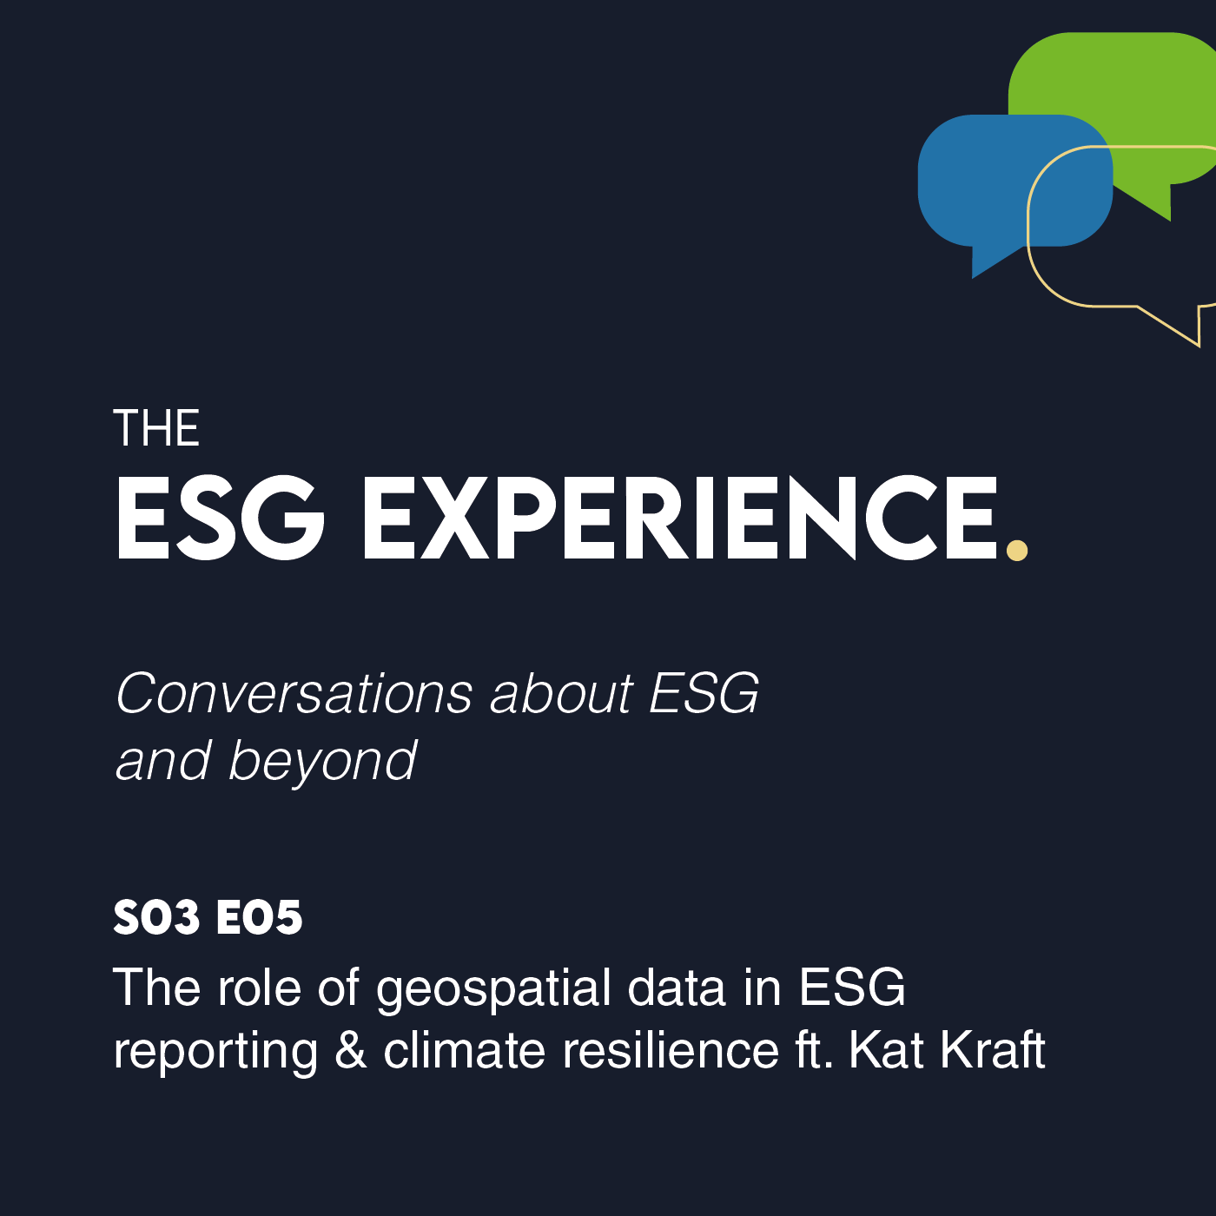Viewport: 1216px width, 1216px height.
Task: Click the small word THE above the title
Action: click(x=156, y=428)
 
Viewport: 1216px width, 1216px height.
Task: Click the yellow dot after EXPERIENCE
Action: click(x=1016, y=550)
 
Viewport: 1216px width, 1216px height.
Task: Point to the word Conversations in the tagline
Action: click(x=294, y=694)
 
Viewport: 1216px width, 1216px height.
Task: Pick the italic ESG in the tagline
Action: click(x=704, y=694)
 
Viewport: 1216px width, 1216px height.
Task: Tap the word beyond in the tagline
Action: click(x=322, y=762)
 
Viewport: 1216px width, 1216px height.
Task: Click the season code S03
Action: click(x=157, y=917)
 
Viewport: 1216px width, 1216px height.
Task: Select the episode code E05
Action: click(x=260, y=917)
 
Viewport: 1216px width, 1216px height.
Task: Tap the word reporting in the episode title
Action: click(x=215, y=1053)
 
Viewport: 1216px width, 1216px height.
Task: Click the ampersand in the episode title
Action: click(x=351, y=1051)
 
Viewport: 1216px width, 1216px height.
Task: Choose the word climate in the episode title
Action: click(x=465, y=1051)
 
